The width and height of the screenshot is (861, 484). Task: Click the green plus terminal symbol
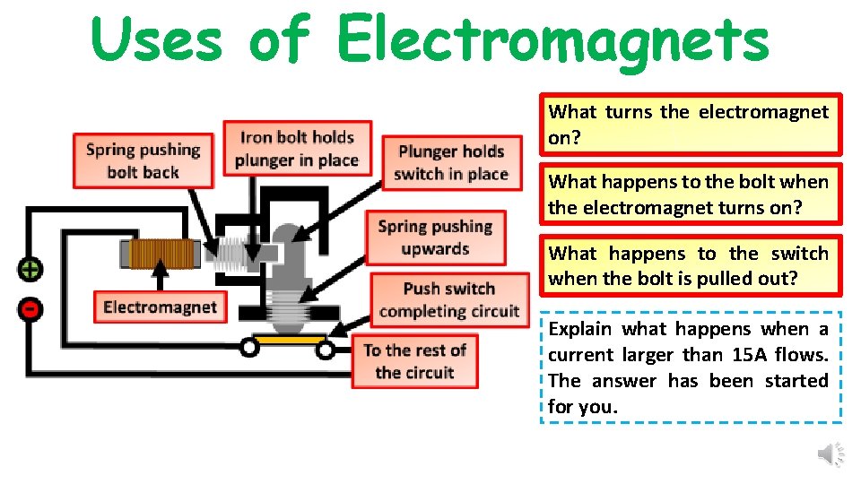30,269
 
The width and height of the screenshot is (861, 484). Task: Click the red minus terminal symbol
30,309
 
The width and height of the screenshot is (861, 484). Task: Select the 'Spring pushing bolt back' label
143,160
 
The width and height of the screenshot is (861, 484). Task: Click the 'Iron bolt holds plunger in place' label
297,149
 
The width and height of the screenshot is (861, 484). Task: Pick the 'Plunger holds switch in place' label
451,162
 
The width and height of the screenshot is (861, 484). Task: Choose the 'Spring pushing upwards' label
435,238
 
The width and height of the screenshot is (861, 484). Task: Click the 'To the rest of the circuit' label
414,361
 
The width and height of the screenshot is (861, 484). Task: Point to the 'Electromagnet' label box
160,307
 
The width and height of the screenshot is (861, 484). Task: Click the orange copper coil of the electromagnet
163,255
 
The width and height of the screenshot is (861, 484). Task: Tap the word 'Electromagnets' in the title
552,39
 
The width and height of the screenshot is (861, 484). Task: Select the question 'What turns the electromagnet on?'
689,125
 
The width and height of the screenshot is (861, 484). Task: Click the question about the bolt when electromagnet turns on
689,194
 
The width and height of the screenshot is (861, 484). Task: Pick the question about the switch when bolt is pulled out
689,265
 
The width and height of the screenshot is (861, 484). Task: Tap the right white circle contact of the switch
325,350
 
